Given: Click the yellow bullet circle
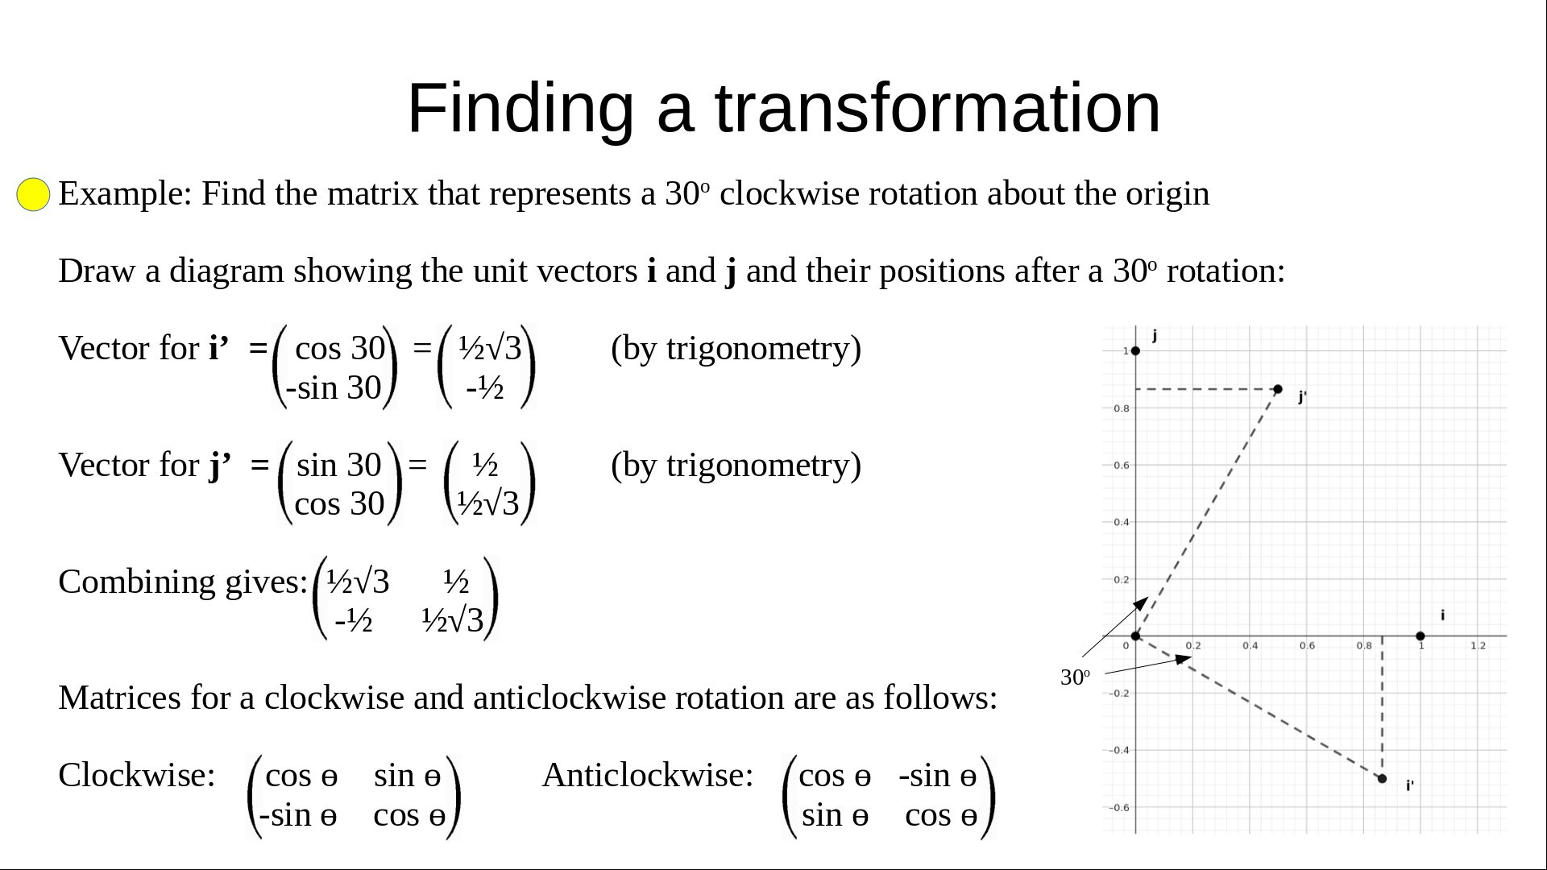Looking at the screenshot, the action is pyautogui.click(x=33, y=194).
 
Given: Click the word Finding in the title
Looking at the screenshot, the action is pyautogui.click(x=521, y=108).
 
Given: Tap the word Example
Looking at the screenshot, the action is pyautogui.click(x=125, y=194).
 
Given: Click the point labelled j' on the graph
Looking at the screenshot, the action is pyautogui.click(x=1278, y=389).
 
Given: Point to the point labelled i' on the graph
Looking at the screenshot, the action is pyautogui.click(x=1382, y=778).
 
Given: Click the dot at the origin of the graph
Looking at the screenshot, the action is pyautogui.click(x=1135, y=636).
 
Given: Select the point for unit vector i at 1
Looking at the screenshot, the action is pyautogui.click(x=1420, y=636).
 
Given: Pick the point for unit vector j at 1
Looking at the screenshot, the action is pyautogui.click(x=1135, y=350).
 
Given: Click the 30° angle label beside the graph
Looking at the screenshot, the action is pyautogui.click(x=1075, y=677).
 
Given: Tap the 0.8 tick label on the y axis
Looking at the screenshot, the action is pyautogui.click(x=1122, y=408).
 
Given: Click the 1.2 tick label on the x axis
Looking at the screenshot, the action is pyautogui.click(x=1478, y=646).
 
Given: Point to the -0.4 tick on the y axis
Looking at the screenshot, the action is pyautogui.click(x=1119, y=750).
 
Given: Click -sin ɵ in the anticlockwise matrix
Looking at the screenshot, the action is pyautogui.click(x=938, y=776).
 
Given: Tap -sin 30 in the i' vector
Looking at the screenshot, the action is pyautogui.click(x=334, y=388).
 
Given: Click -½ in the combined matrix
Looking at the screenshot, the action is pyautogui.click(x=354, y=620).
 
